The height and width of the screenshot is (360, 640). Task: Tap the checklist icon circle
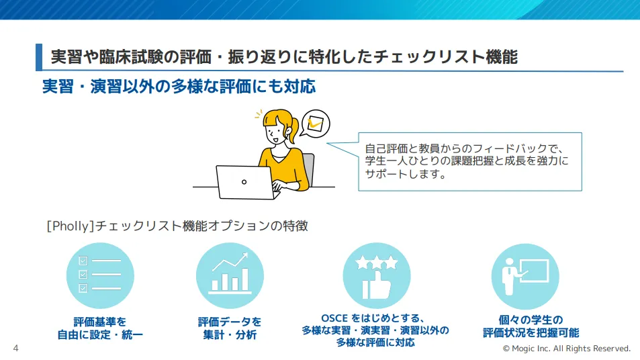pyautogui.click(x=99, y=275)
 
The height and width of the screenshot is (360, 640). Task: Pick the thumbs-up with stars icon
pyautogui.click(x=376, y=275)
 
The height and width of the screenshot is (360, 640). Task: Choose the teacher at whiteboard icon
pyautogui.click(x=525, y=275)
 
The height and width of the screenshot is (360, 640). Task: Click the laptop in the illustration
pyautogui.click(x=244, y=181)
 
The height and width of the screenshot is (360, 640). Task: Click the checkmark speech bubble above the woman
pyautogui.click(x=314, y=124)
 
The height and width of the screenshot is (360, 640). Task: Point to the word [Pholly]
pyautogui.click(x=69, y=226)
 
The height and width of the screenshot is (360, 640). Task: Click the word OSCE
pyautogui.click(x=336, y=318)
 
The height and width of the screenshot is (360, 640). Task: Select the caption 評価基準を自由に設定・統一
pyautogui.click(x=99, y=328)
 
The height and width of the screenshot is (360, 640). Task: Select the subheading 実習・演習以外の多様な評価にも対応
pyautogui.click(x=178, y=87)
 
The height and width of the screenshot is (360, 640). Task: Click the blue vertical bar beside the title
pyautogui.click(x=39, y=57)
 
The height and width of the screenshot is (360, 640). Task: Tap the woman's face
pyautogui.click(x=275, y=130)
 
